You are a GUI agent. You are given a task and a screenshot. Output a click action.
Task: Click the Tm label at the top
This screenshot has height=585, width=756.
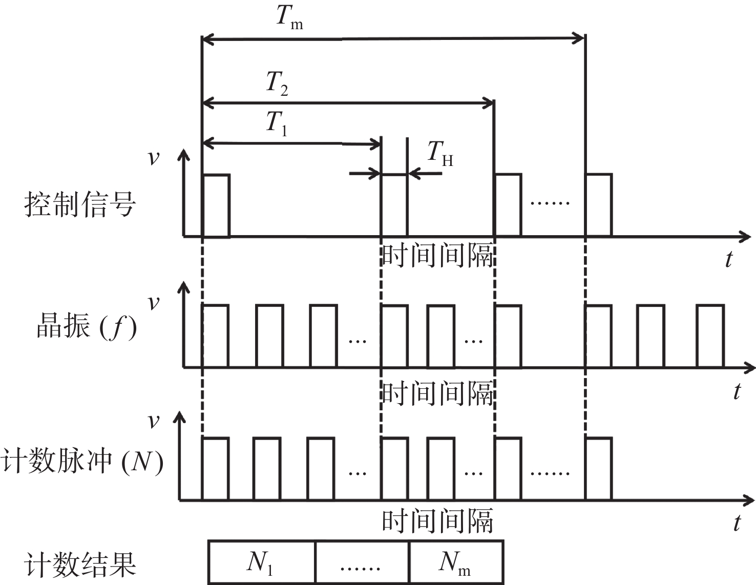click(289, 17)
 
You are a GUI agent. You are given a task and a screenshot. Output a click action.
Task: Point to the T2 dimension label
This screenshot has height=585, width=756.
click(277, 83)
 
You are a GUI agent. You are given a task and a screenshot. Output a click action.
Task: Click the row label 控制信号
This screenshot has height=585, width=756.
click(80, 204)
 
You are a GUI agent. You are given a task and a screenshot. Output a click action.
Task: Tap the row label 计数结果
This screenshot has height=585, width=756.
click(80, 565)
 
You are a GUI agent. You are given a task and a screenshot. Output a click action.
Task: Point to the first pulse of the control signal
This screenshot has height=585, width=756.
click(216, 205)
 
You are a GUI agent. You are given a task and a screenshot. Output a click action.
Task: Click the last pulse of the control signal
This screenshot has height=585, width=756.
click(598, 205)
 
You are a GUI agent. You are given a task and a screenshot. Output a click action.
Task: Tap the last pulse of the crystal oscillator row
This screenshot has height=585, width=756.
click(710, 336)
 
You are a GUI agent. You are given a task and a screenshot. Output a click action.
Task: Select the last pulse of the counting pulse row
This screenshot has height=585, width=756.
click(598, 468)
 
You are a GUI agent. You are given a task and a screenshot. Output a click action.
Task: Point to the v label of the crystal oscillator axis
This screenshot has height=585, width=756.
click(153, 302)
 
